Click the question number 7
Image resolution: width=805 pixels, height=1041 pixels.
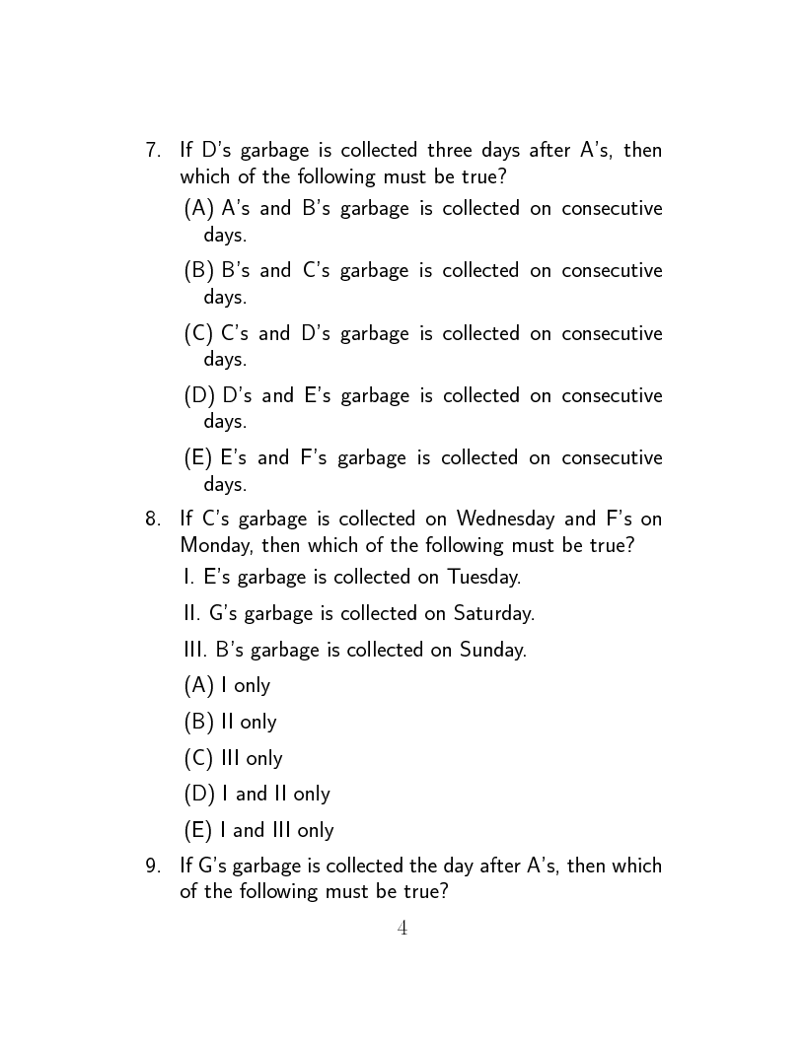click(152, 151)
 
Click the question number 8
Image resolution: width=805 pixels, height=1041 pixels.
click(152, 519)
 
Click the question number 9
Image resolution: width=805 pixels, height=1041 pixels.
click(152, 867)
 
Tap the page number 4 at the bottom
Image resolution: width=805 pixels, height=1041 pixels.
click(402, 928)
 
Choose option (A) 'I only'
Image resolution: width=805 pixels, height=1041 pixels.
click(227, 685)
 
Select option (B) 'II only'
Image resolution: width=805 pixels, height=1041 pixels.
click(230, 722)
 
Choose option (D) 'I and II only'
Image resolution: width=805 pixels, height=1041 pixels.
click(256, 794)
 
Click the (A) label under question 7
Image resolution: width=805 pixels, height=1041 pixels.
click(199, 209)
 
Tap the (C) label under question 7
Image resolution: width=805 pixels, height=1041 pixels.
click(199, 333)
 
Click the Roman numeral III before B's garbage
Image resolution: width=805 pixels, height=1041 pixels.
click(195, 650)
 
